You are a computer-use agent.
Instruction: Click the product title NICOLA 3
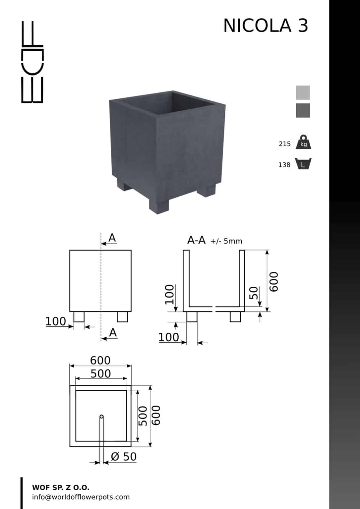(x=266, y=26)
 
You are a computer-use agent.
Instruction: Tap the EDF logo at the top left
(x=32, y=62)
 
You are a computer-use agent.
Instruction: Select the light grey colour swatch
(x=303, y=92)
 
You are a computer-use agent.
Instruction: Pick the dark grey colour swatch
(x=303, y=110)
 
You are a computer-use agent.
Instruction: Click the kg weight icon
(x=303, y=142)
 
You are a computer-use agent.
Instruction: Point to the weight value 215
(x=284, y=144)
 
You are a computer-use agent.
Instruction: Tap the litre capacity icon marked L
(x=303, y=164)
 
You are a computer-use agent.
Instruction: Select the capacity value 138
(x=284, y=165)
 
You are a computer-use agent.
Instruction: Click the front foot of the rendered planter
(x=159, y=206)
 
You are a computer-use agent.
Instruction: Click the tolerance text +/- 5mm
(x=226, y=241)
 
